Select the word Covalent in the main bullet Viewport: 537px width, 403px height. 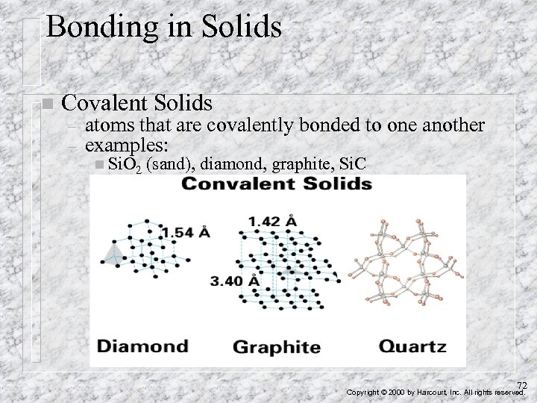(107, 102)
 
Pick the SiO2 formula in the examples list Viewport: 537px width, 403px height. (125, 163)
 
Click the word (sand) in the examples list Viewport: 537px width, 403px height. (171, 162)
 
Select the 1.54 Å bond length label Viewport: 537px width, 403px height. (186, 232)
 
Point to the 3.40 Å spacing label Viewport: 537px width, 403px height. (233, 281)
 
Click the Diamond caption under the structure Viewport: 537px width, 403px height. (142, 346)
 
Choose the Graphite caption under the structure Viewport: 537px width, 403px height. (277, 347)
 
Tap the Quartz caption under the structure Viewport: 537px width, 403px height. (412, 346)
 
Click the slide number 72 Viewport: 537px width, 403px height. (522, 385)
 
